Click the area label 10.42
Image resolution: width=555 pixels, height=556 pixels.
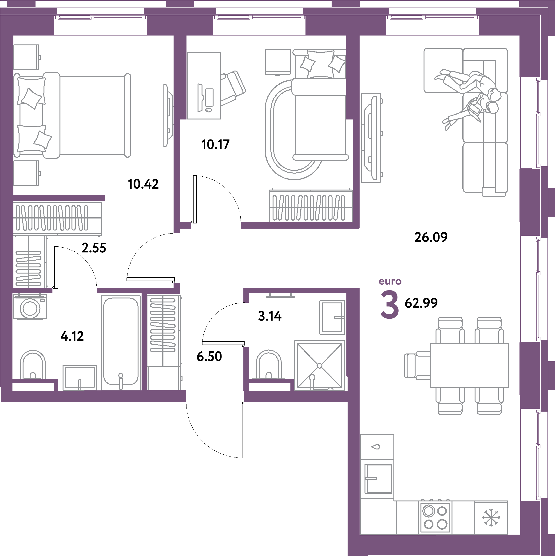pyautogui.click(x=143, y=184)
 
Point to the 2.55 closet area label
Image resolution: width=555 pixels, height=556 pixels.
pyautogui.click(x=94, y=248)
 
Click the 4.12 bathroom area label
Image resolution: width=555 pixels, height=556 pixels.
pyautogui.click(x=72, y=336)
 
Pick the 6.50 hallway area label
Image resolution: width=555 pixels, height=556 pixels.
pyautogui.click(x=209, y=357)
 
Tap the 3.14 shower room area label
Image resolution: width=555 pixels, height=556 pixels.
pyautogui.click(x=270, y=316)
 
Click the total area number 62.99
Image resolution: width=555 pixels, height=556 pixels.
pyautogui.click(x=421, y=303)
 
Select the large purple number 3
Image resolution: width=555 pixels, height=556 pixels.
pyautogui.click(x=390, y=305)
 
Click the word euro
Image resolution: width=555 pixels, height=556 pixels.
pyautogui.click(x=390, y=282)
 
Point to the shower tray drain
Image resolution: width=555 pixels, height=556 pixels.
pyautogui.click(x=319, y=365)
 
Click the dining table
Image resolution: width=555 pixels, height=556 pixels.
pyautogui.click(x=469, y=365)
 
